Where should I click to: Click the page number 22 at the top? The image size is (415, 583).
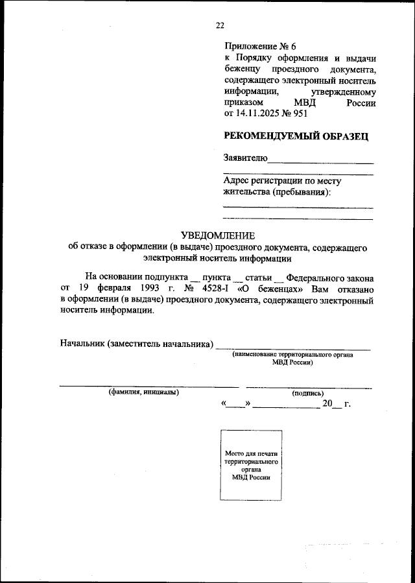coord(220,25)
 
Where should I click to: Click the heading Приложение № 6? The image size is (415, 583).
coord(259,46)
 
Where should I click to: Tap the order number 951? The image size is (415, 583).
coord(300,113)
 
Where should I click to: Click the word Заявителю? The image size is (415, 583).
coord(244,158)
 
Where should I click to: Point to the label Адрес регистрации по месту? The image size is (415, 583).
coord(282,181)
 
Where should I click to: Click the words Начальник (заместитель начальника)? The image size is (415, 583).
coord(137,343)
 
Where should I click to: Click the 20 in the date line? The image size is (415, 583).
coord(327,404)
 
